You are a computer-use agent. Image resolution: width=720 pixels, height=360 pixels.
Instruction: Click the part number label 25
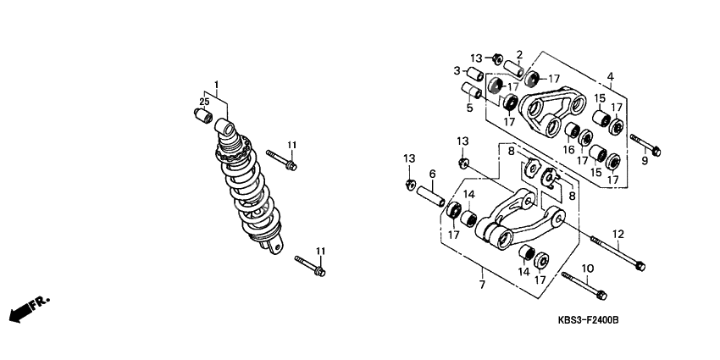(204, 102)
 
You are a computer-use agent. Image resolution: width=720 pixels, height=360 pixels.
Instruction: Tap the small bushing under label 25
(203, 115)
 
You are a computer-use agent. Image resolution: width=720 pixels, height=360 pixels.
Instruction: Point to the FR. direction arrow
(29, 309)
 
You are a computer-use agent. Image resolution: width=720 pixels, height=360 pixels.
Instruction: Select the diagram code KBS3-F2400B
(588, 320)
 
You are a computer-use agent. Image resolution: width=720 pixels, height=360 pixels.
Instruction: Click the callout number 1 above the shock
(216, 85)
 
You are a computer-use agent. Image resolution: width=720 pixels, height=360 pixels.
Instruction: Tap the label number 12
(618, 234)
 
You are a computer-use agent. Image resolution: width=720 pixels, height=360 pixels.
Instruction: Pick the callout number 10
(588, 268)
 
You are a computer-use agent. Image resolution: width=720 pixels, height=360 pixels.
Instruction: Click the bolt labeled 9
(645, 145)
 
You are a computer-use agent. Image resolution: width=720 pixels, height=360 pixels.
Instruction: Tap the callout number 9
(645, 161)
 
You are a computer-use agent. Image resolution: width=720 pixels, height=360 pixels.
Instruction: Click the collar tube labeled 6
(430, 196)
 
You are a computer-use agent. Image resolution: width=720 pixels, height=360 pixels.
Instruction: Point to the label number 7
(482, 285)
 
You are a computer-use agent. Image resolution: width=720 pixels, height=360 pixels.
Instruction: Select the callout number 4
(610, 77)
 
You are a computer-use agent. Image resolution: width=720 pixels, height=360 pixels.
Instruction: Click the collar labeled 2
(514, 69)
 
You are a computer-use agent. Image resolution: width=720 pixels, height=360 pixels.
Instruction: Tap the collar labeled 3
(475, 74)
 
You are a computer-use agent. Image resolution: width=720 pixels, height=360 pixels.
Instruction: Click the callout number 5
(469, 108)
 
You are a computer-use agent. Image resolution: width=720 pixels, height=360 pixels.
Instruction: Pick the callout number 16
(569, 150)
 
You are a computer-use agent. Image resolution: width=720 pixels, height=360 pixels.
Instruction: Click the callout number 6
(432, 174)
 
